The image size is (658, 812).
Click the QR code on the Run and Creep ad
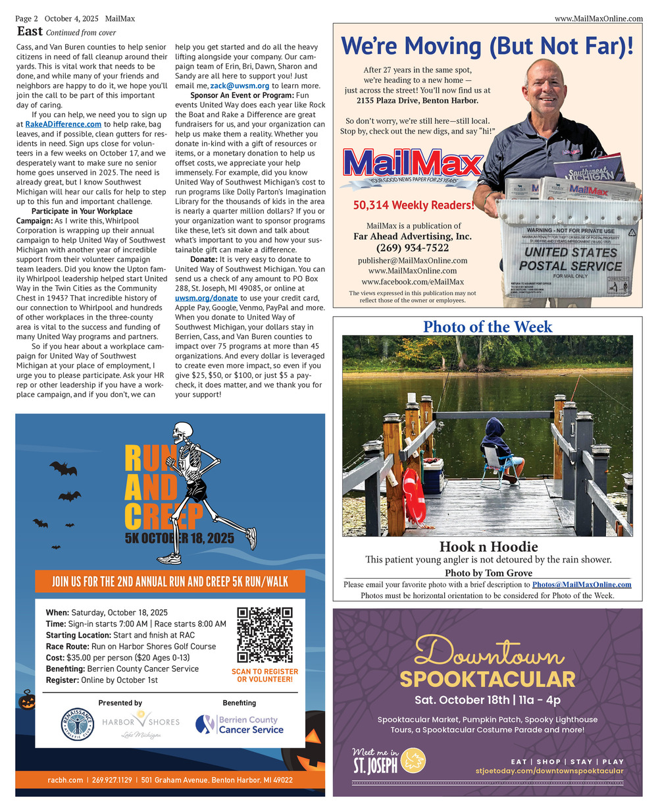(265, 635)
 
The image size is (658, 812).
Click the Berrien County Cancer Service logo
(240, 724)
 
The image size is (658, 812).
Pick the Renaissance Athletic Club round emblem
(78, 725)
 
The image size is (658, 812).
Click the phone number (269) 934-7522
(413, 248)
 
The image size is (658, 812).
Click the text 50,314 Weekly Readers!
(413, 205)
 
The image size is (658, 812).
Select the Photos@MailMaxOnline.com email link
(581, 584)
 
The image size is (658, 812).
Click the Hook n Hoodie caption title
(488, 547)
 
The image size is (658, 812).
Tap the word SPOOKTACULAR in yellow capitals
(487, 679)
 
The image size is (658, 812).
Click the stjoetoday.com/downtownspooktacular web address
(549, 771)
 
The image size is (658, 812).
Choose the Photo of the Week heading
(488, 327)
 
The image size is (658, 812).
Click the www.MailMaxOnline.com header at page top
(598, 18)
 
